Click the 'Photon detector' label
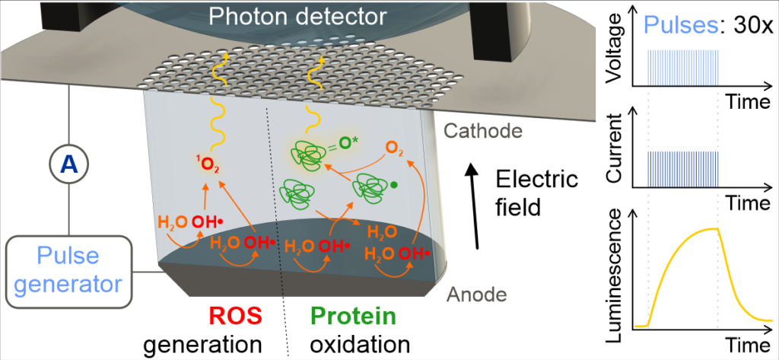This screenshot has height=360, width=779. point(297,17)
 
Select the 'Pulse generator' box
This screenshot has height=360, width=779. point(68,270)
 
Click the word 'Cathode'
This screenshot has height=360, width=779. point(482,131)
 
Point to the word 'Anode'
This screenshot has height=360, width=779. point(476,295)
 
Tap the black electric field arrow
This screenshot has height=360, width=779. point(475,207)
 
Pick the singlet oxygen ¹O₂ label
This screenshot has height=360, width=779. point(207,164)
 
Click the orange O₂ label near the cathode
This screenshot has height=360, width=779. point(393,148)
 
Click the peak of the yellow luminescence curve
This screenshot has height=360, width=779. point(717,229)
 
